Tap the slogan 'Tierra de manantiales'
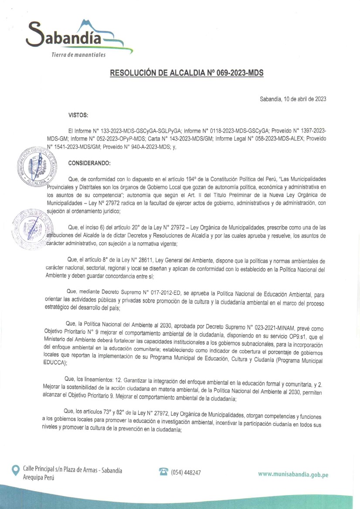click(78, 55)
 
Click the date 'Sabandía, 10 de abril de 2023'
click(293, 99)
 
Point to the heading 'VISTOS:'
click(78, 115)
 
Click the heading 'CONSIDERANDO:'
click(90, 164)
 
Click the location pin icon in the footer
click(16, 470)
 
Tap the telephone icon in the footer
click(164, 472)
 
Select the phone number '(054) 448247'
click(186, 472)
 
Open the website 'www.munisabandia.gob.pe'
click(293, 474)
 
